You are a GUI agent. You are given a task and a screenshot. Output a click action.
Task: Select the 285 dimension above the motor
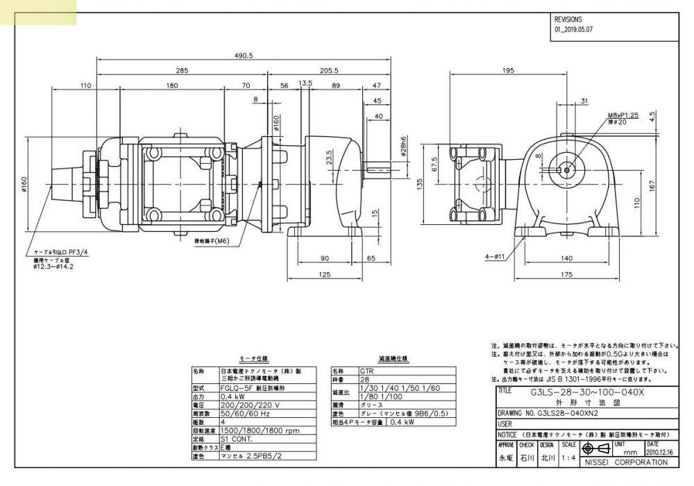click(181, 71)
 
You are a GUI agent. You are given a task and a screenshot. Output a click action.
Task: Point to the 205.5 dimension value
click(329, 71)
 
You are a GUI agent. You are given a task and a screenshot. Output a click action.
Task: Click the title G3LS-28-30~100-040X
click(587, 392)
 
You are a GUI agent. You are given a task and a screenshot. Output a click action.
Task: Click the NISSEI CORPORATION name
click(627, 462)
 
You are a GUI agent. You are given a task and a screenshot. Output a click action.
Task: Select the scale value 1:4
click(568, 458)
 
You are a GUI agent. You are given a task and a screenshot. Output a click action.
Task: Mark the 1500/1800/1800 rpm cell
click(260, 430)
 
